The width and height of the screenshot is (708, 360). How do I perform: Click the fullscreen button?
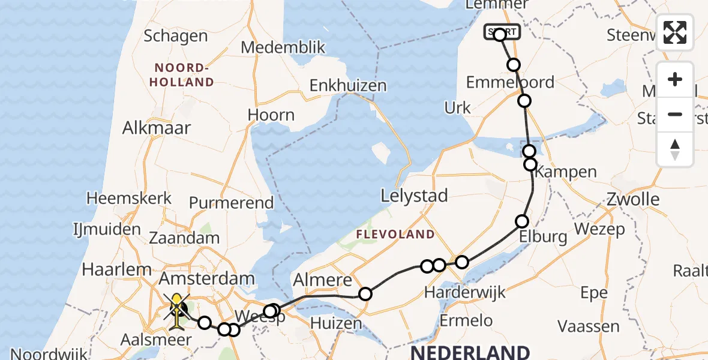675,32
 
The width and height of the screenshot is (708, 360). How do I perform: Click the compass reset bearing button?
675,149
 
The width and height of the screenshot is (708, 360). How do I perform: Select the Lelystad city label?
415,196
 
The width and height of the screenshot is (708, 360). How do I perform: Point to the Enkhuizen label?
348,86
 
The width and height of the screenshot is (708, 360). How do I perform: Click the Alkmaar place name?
157,128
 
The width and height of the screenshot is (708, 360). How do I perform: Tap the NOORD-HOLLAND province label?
184,75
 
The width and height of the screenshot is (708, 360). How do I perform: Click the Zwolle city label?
633,199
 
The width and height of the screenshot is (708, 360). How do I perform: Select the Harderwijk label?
464,293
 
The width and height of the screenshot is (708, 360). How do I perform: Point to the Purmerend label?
232,203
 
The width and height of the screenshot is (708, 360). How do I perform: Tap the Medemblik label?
283,48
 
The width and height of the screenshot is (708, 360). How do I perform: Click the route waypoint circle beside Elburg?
522,221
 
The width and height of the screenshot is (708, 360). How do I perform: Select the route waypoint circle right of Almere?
365,293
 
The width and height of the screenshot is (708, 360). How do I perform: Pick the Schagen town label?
176,36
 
